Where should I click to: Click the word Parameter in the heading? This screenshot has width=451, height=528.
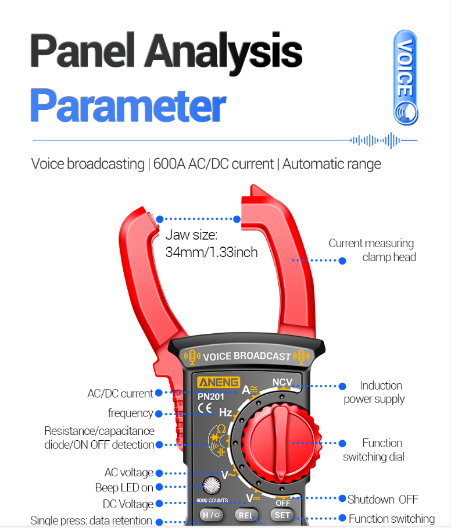coord(128,105)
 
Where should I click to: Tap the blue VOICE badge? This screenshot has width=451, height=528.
coord(406,77)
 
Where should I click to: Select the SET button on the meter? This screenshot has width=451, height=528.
coord(282,515)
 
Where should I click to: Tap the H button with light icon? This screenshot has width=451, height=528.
coord(212,515)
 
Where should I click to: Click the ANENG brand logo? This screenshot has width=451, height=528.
coord(219,382)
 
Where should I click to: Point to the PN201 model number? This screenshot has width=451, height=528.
coord(211,397)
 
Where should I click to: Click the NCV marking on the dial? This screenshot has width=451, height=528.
coord(282,382)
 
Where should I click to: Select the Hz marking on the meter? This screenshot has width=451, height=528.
coord(226,412)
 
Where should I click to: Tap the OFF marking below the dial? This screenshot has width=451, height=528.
coord(282,503)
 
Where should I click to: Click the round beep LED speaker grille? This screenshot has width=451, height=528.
coord(212,485)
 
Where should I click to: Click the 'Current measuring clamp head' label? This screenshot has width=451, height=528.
coord(372,250)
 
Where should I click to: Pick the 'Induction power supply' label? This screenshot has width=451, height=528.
coord(374,392)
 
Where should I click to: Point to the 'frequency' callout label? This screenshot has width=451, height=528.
coord(131,413)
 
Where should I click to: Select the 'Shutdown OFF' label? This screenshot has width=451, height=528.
coord(383,499)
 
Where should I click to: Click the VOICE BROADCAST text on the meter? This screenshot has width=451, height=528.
coord(246,356)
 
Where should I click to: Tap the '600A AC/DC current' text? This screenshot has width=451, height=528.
coord(213,164)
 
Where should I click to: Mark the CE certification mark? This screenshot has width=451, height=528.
coord(205,408)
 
